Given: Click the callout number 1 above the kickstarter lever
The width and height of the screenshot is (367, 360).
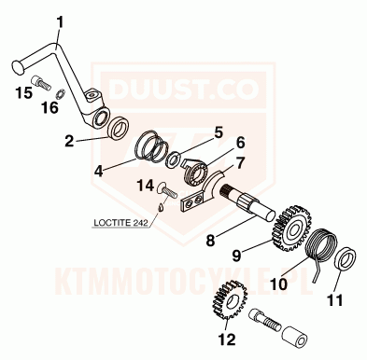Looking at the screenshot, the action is tap(60, 23).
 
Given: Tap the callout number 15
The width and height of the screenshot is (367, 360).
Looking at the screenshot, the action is tap(24, 92).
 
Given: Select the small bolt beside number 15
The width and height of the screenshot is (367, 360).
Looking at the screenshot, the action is tap(41, 82).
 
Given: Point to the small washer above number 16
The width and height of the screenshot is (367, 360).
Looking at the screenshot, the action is tap(61, 93).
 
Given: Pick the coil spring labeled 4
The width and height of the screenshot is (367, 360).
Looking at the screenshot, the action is tap(152, 146).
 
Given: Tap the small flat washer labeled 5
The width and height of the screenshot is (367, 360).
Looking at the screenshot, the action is tap(173, 159).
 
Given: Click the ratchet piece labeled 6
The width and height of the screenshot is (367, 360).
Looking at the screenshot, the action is tap(194, 173).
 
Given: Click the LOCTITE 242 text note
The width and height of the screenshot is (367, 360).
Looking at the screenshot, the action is tap(120, 223).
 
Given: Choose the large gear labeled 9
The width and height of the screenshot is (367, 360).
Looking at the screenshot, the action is tap(291, 228).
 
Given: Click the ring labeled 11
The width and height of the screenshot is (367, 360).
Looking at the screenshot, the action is tap(346, 258).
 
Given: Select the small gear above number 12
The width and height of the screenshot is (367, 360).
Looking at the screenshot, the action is tap(230, 300).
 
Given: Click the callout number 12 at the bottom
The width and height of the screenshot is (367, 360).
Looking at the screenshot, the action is tap(227, 339).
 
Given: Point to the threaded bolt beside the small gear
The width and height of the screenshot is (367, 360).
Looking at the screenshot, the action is tap(264, 320).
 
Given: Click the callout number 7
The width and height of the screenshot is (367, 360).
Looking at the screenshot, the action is tap(240, 163).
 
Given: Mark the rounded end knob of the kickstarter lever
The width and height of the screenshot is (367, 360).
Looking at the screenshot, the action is tap(17, 67).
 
